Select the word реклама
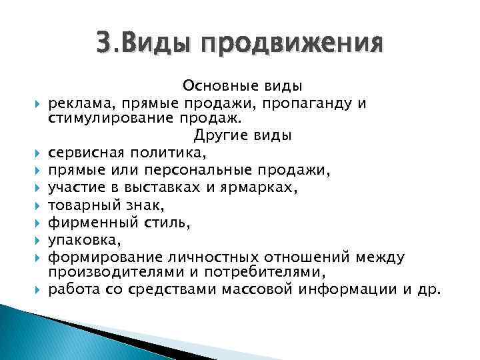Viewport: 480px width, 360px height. [75, 103]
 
